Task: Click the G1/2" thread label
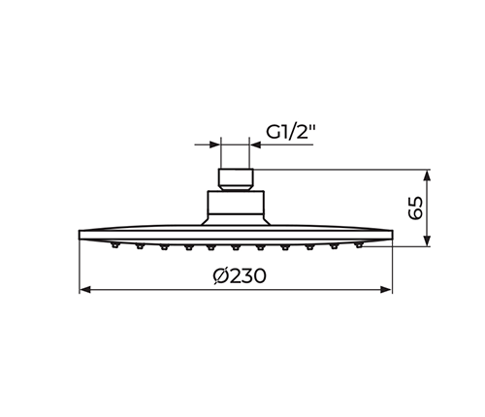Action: point(290,132)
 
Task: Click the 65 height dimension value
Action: point(415,208)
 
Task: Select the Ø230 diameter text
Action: point(240,276)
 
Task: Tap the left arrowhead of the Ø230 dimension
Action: point(84,290)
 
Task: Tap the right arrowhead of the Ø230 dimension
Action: point(387,290)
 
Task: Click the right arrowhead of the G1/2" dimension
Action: point(255,144)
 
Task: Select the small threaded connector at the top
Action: point(236,179)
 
